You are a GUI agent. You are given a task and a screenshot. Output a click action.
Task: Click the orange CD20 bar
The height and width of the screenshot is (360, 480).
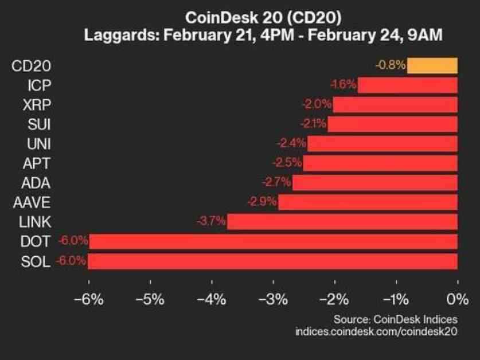click(x=432, y=65)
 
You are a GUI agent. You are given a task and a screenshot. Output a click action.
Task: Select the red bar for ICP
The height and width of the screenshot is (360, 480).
click(x=407, y=85)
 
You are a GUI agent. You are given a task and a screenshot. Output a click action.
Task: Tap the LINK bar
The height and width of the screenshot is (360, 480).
click(x=342, y=221)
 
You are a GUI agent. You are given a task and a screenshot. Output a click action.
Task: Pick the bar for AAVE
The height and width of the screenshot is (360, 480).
click(x=368, y=202)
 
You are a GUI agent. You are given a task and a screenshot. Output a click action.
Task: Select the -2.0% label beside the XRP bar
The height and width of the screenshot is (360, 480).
click(x=317, y=104)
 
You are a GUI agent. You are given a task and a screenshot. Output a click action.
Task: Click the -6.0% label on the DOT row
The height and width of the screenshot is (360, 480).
click(x=72, y=241)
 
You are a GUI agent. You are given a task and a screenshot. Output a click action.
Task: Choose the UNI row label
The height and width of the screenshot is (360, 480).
click(x=39, y=143)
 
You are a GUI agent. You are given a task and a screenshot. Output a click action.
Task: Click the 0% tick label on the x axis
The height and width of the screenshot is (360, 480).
click(x=456, y=299)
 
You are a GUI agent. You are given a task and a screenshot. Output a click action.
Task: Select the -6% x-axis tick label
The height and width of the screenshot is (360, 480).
click(x=88, y=299)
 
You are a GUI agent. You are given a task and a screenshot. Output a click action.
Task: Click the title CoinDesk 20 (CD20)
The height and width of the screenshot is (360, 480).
click(x=240, y=17)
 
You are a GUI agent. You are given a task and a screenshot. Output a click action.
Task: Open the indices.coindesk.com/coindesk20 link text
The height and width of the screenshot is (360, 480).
click(x=376, y=331)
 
